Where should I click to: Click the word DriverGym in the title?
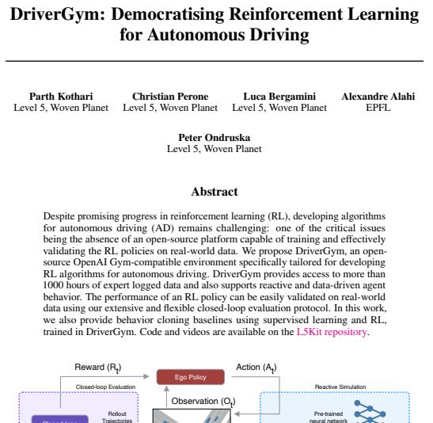(59, 15)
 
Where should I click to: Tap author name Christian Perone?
(170, 97)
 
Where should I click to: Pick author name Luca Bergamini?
(279, 97)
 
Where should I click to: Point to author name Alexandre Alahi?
(378, 97)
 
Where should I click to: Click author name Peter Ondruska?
(215, 138)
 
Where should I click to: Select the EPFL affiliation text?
(378, 108)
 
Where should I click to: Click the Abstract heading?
(215, 191)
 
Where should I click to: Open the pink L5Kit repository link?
(331, 332)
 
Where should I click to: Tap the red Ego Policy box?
(189, 377)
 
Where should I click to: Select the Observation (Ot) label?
(203, 402)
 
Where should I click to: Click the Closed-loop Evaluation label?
(101, 387)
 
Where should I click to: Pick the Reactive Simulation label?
(340, 387)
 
